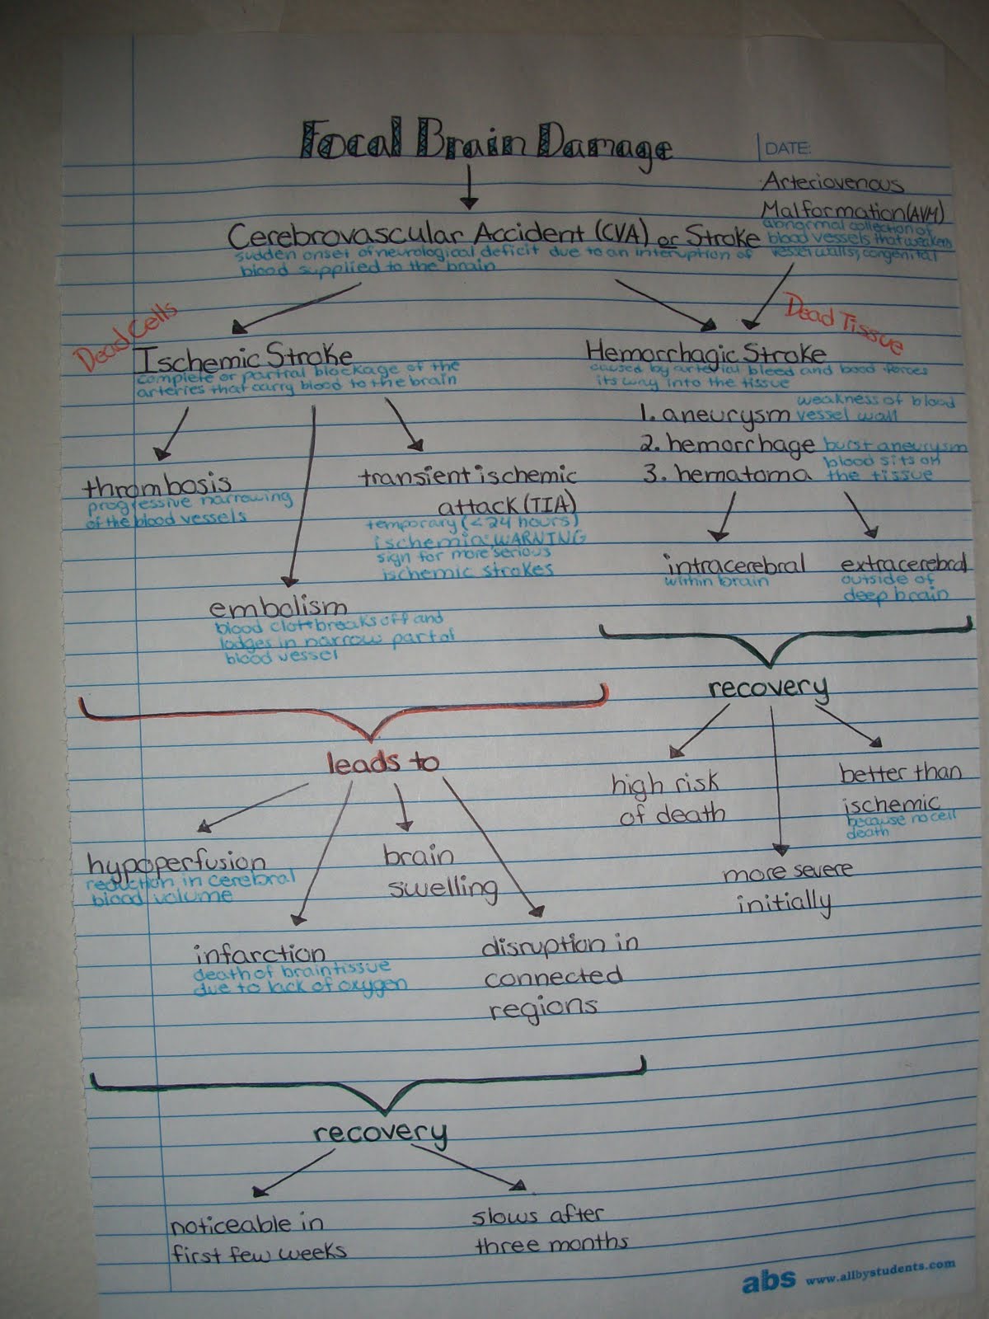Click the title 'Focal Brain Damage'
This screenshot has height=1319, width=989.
tap(486, 142)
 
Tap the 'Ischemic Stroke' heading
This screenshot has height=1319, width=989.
tap(243, 357)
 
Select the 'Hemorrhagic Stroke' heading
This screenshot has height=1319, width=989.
tap(705, 353)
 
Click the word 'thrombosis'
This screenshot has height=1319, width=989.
tap(157, 484)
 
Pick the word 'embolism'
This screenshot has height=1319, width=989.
tap(278, 608)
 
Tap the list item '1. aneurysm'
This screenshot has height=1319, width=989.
tap(709, 415)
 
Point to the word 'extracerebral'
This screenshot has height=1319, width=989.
tap(902, 565)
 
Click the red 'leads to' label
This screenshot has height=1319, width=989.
tap(382, 763)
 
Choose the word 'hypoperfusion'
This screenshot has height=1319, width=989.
tap(177, 863)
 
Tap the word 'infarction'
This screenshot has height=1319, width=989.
tap(260, 954)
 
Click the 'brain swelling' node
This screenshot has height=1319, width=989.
tap(440, 871)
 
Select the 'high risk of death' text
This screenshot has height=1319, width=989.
tap(668, 798)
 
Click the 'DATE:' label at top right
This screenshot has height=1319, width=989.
tap(787, 149)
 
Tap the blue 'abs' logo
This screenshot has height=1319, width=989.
tap(768, 1280)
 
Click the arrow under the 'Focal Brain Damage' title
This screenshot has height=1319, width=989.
tap(468, 186)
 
